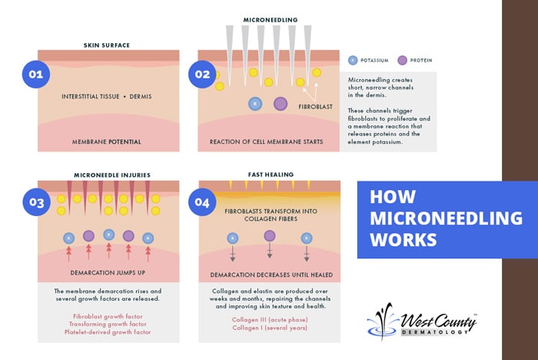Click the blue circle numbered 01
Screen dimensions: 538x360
pyautogui.click(x=36, y=74)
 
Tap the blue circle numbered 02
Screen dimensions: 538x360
pyautogui.click(x=202, y=74)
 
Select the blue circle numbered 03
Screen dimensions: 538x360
pyautogui.click(x=36, y=202)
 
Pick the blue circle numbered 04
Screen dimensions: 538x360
pyautogui.click(x=202, y=202)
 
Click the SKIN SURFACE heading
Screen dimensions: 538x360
pyautogui.click(x=107, y=45)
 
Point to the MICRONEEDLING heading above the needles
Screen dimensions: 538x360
pyautogui.click(x=271, y=20)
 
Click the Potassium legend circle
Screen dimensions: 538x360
pyautogui.click(x=353, y=61)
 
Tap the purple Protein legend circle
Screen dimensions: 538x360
pyautogui.click(x=402, y=61)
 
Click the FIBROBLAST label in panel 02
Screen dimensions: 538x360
pyautogui.click(x=315, y=107)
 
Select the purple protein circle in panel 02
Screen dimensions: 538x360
pyautogui.click(x=281, y=104)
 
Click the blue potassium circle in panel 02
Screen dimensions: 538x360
pyautogui.click(x=255, y=104)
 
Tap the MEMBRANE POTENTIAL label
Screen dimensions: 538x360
pyautogui.click(x=106, y=142)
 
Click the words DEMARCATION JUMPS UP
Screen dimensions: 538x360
pyautogui.click(x=108, y=273)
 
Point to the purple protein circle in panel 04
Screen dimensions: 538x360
pyautogui.click(x=270, y=236)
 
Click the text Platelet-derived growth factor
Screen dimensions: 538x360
pyautogui.click(x=108, y=332)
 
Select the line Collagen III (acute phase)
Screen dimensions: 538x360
pyautogui.click(x=270, y=320)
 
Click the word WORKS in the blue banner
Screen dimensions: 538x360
pyautogui.click(x=403, y=240)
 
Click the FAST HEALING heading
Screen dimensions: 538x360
pyautogui.click(x=271, y=175)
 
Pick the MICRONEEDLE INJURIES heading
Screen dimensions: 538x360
pyautogui.click(x=112, y=175)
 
